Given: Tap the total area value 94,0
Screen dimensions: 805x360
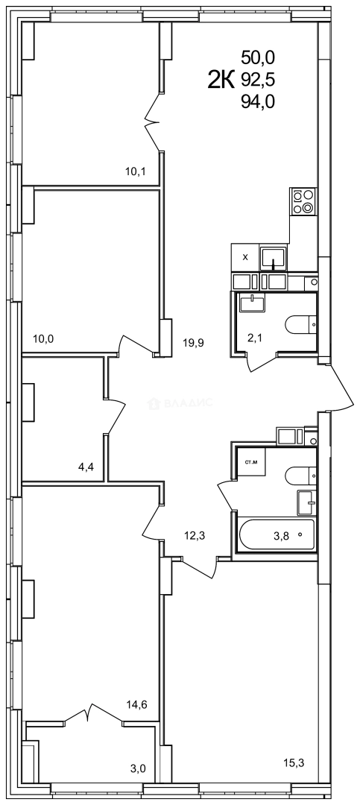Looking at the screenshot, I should click(x=258, y=104).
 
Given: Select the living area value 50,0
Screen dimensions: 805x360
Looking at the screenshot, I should click(x=258, y=56).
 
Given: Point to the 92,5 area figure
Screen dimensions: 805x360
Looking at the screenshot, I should click(x=258, y=80).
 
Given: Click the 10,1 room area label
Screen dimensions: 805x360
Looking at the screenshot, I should click(x=135, y=172).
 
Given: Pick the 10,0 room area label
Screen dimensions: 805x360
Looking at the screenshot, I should click(x=43, y=339).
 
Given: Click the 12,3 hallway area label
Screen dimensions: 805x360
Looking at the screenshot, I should click(x=195, y=533).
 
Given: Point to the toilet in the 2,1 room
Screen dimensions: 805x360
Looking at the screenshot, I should click(x=301, y=324).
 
